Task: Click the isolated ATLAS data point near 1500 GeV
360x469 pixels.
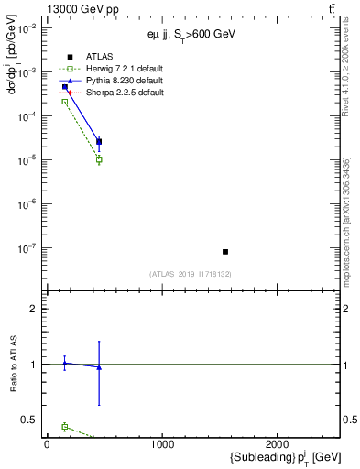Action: (x=225, y=251)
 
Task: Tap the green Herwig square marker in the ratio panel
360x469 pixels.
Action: (x=65, y=427)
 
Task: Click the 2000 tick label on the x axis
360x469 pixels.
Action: (x=278, y=444)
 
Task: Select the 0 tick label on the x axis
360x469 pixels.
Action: (x=47, y=444)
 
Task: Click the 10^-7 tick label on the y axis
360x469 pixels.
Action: (x=27, y=247)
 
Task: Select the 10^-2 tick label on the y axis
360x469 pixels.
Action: (x=27, y=28)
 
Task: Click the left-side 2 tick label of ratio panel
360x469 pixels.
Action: (x=32, y=309)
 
